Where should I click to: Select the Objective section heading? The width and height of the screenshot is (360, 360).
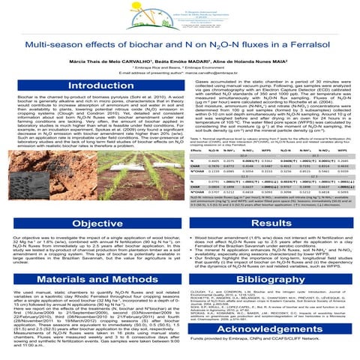pos(89,202)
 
